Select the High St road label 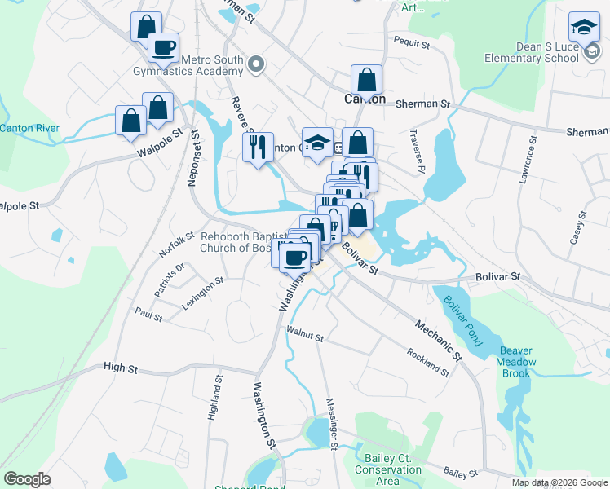pos(121,368)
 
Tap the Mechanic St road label pos(438,340)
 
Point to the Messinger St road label pos(332,422)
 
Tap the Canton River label pos(29,128)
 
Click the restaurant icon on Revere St pos(258,148)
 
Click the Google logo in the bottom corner pos(28,479)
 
